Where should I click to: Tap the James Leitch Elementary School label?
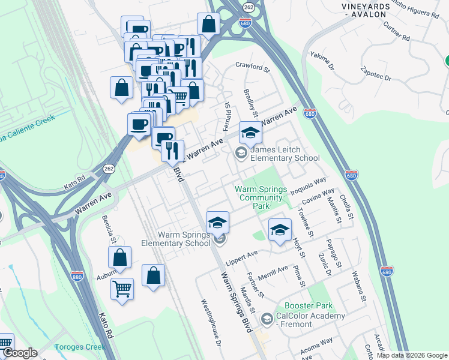[x=285, y=154]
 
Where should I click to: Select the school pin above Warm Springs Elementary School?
[x=217, y=223]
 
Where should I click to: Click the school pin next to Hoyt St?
[x=280, y=230]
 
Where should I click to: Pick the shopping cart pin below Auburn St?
[x=122, y=289]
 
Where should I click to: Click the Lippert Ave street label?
[x=241, y=259]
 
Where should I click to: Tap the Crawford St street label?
[x=253, y=66]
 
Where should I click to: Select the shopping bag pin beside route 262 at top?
[x=208, y=25]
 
